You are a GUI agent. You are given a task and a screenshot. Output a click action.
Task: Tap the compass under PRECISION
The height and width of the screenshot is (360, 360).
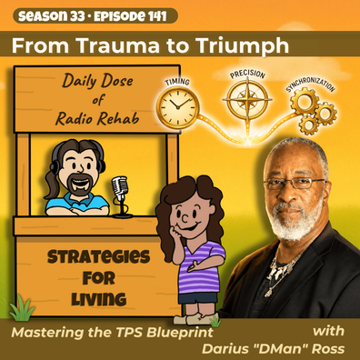(x=247, y=99)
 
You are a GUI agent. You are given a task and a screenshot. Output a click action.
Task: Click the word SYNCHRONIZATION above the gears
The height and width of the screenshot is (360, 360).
(x=311, y=84)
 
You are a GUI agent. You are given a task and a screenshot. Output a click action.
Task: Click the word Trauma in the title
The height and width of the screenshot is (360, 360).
(x=119, y=46)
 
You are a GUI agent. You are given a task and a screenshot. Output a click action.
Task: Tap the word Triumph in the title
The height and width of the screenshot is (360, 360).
(x=242, y=47)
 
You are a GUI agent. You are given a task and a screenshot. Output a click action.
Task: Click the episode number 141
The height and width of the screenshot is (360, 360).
(x=157, y=16)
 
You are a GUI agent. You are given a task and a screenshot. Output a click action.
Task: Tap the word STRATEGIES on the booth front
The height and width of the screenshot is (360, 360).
(x=99, y=257)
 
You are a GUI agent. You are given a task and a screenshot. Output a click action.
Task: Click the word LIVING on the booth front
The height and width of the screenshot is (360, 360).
(x=99, y=299)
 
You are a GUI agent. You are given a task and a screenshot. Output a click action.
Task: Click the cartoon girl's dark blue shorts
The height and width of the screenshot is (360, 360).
(x=197, y=297)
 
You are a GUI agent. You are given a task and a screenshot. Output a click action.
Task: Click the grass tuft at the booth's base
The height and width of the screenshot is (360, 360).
(x=22, y=308)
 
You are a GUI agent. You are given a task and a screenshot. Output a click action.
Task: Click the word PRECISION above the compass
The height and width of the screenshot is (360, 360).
(x=247, y=74)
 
